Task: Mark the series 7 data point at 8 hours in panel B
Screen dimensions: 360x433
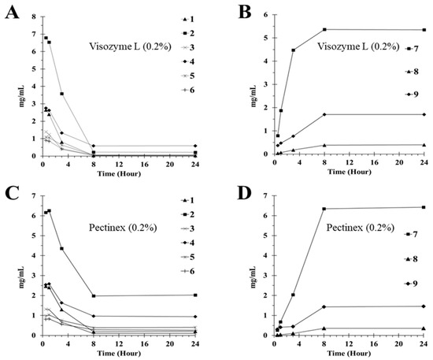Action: coord(324,30)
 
